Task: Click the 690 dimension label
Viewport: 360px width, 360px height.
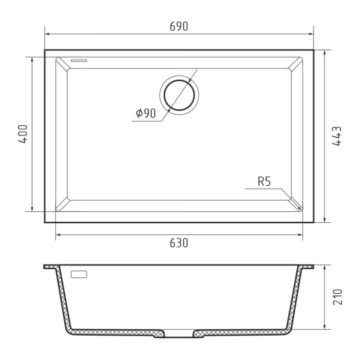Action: pyautogui.click(x=179, y=26)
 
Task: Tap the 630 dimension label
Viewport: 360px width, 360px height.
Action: pyautogui.click(x=179, y=243)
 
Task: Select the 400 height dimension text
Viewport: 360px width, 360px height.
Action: pyautogui.click(x=23, y=134)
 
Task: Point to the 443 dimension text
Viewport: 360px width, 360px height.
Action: pyautogui.click(x=337, y=136)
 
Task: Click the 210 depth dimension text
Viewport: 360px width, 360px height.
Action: pyautogui.click(x=337, y=297)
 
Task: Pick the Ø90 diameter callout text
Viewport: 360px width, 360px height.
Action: pyautogui.click(x=146, y=113)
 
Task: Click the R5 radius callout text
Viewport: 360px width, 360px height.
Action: pyautogui.click(x=264, y=181)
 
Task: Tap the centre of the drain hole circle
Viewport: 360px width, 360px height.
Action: pyautogui.click(x=180, y=95)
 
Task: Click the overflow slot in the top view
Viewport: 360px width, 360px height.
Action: pyautogui.click(x=79, y=60)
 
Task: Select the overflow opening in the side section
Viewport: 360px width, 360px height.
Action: pyautogui.click(x=79, y=274)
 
